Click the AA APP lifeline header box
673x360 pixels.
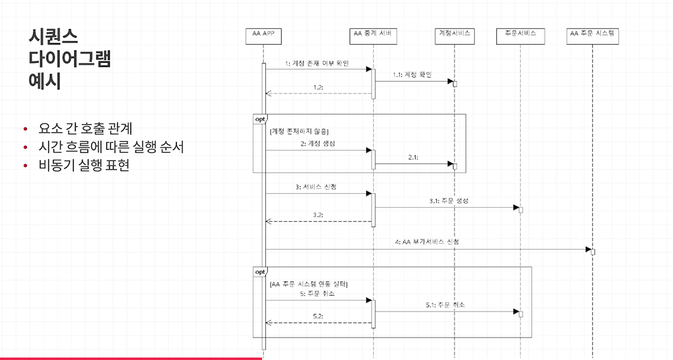pos(263,36)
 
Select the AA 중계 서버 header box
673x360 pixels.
pos(373,36)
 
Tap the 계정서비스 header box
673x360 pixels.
pos(455,36)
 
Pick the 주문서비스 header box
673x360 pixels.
pos(520,36)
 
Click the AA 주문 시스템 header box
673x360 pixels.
pos(593,36)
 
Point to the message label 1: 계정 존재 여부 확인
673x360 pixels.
pos(317,64)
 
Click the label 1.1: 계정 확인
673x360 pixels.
pos(412,75)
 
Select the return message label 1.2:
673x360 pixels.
pos(318,87)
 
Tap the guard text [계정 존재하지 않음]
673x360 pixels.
pos(299,131)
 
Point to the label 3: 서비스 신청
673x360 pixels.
pos(316,187)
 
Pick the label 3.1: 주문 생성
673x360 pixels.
pos(448,201)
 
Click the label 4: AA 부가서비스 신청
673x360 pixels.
pos(427,242)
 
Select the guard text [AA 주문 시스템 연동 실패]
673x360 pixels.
pos(309,284)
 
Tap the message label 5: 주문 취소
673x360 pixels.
pos(317,294)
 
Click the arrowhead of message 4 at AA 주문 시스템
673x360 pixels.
pos(588,249)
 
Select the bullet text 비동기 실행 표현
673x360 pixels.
pos(84,165)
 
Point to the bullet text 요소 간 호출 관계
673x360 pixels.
pos(85,129)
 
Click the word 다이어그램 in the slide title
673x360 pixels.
pos(69,59)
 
